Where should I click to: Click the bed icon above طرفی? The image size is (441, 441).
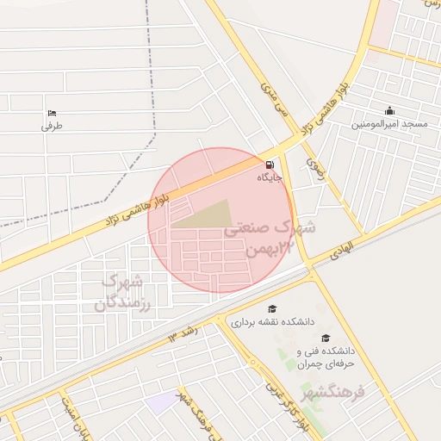pyautogui.click(x=52, y=113)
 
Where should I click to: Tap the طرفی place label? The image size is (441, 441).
pyautogui.click(x=53, y=126)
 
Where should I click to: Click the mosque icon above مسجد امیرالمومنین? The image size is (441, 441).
pyautogui.click(x=389, y=110)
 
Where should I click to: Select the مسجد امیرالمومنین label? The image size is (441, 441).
pyautogui.click(x=389, y=124)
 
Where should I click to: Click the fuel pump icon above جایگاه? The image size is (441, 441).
pyautogui.click(x=270, y=165)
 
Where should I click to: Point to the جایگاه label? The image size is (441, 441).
pyautogui.click(x=270, y=178)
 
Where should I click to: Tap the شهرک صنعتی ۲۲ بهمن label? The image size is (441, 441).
pyautogui.click(x=268, y=239)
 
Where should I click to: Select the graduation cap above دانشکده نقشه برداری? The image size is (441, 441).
pyautogui.click(x=272, y=308)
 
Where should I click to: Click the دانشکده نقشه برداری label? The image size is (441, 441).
pyautogui.click(x=272, y=322)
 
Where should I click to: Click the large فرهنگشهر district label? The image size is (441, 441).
pyautogui.click(x=360, y=390)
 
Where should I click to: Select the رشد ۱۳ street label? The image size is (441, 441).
pyautogui.click(x=183, y=331)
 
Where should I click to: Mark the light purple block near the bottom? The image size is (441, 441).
pyautogui.click(x=159, y=401)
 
